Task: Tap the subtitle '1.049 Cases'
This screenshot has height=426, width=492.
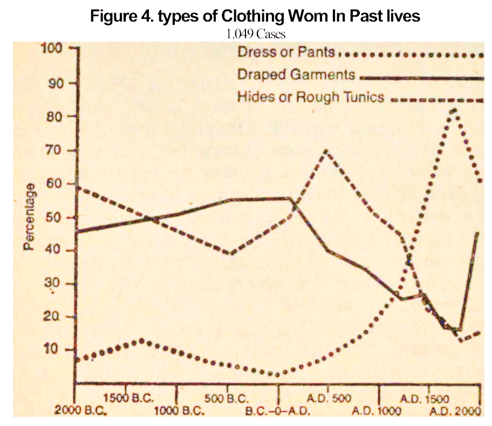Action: (x=256, y=33)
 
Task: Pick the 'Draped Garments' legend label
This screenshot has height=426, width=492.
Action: (x=296, y=75)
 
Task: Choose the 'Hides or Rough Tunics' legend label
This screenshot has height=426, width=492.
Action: (x=311, y=97)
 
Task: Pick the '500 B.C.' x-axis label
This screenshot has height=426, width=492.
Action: (x=227, y=399)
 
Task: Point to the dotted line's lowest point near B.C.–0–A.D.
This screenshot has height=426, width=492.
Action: (x=277, y=374)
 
